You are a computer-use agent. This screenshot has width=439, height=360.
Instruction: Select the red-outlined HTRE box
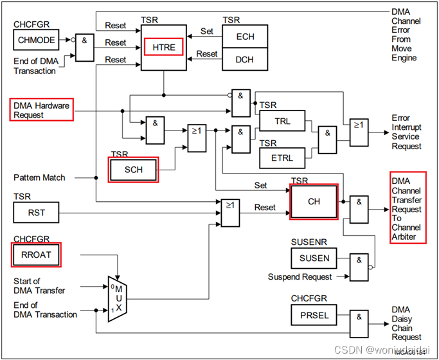[x=163, y=47]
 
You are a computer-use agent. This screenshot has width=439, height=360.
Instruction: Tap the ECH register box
[x=245, y=37]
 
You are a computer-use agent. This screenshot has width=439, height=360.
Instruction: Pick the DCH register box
[x=245, y=59]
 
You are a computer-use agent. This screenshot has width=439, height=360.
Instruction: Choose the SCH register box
[x=132, y=169]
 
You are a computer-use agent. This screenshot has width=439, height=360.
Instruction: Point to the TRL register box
[x=282, y=120]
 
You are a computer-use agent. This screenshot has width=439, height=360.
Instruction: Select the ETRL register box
[x=282, y=157]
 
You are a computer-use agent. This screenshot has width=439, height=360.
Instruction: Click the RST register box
[x=35, y=212]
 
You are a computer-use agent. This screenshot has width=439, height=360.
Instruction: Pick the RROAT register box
[x=35, y=255]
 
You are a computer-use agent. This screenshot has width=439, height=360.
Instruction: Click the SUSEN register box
[x=314, y=258]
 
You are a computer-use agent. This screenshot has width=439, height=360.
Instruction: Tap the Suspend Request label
[x=300, y=277]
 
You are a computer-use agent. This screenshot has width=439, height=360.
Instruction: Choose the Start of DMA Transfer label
[x=39, y=286]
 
